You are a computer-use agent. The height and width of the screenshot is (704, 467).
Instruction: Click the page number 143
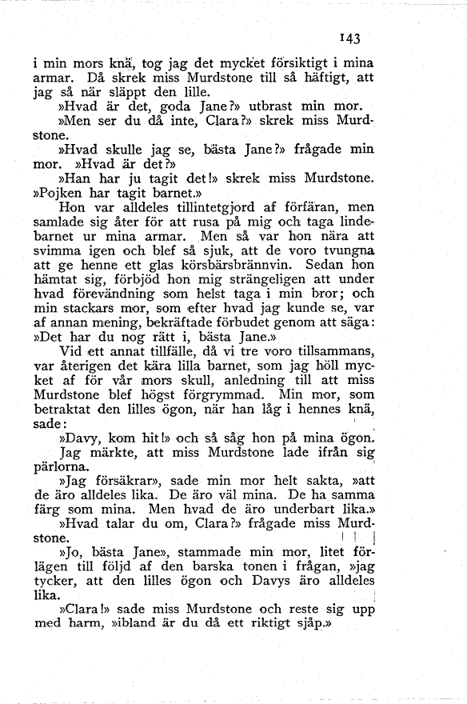coord(351,38)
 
